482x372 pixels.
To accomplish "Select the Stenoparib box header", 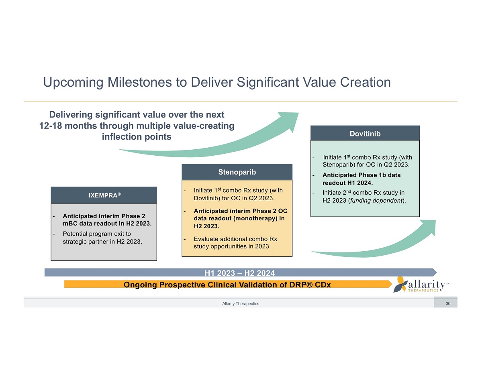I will pyautogui.click(x=237, y=172).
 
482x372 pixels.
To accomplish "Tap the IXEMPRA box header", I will pyautogui.click(x=104, y=195).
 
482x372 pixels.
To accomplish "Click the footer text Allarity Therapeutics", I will pyautogui.click(x=241, y=304).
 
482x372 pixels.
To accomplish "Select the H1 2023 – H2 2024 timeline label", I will pyautogui.click(x=239, y=273).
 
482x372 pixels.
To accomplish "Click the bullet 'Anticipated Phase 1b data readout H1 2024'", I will pyautogui.click(x=361, y=179).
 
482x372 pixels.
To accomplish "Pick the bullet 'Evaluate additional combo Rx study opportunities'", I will pyautogui.click(x=235, y=242).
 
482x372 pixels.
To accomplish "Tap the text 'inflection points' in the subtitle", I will pyautogui.click(x=137, y=137).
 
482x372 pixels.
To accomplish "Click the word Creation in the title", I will pyautogui.click(x=365, y=82).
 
